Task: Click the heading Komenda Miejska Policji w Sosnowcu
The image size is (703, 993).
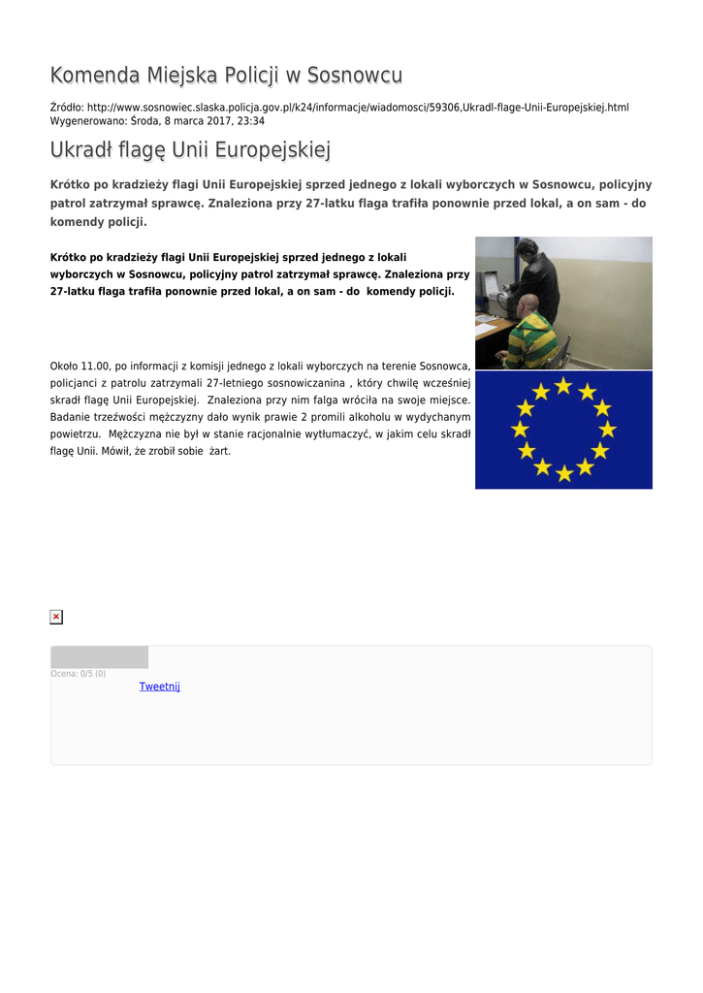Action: (x=226, y=76)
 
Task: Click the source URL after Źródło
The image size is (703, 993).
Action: (x=357, y=107)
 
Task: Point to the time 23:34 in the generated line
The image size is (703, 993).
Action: (x=251, y=121)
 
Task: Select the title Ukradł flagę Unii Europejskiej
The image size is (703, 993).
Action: (x=190, y=150)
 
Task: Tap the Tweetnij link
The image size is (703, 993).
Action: (x=159, y=687)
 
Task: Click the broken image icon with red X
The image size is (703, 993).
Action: (x=56, y=617)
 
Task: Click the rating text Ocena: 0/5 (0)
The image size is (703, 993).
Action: (x=79, y=673)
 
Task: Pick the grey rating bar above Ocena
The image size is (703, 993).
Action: (x=99, y=657)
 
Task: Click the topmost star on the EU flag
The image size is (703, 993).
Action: (x=563, y=385)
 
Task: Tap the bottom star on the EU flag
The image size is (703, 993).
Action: (x=563, y=473)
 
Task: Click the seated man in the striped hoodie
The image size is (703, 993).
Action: (x=530, y=335)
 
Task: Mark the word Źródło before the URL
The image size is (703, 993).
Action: (x=66, y=107)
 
